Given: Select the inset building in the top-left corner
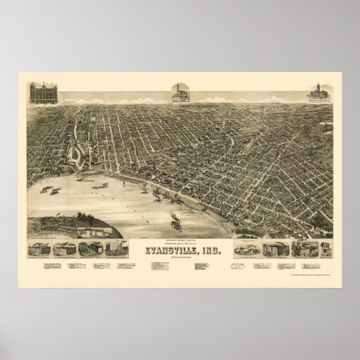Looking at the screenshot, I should [43, 93].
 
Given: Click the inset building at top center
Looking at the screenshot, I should [179, 94].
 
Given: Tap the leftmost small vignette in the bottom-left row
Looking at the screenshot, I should [37, 250].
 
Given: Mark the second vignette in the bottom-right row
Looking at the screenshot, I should [275, 249].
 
